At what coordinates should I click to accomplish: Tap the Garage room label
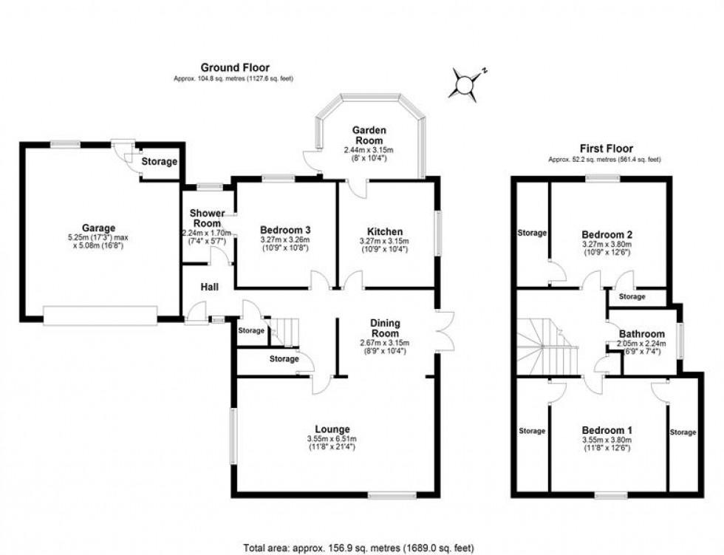[x=98, y=228]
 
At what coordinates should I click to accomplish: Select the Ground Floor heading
[x=235, y=68]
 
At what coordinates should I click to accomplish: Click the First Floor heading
[x=607, y=149]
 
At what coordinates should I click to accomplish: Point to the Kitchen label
[x=385, y=232]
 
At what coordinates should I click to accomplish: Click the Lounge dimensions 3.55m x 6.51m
[x=332, y=439]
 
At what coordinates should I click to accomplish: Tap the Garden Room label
[x=369, y=135]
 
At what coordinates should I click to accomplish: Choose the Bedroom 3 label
[x=285, y=230]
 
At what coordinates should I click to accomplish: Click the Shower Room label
[x=208, y=218]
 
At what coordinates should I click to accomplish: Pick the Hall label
[x=210, y=287]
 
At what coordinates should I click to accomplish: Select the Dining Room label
[x=385, y=328]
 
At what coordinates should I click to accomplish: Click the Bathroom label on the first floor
[x=642, y=334]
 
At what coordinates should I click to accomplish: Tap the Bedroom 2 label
[x=607, y=234]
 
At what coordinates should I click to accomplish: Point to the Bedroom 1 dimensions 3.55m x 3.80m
[x=607, y=440]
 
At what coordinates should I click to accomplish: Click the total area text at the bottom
[x=359, y=548]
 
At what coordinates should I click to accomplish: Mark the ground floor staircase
[x=284, y=332]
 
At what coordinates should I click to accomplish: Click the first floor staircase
[x=547, y=347]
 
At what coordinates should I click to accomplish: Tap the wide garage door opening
[x=100, y=316]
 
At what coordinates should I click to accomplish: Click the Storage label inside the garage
[x=160, y=162]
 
